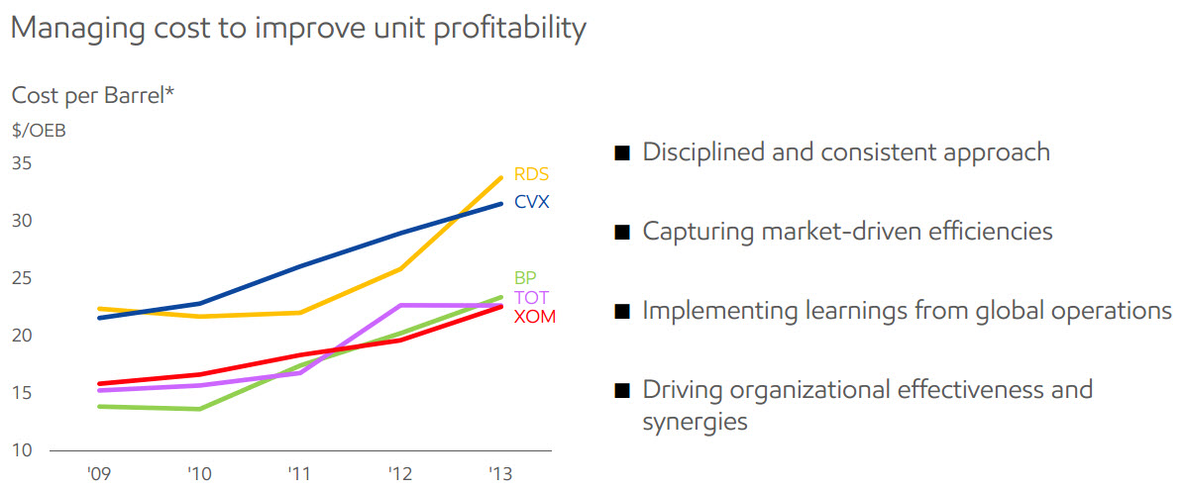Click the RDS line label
pos(531,175)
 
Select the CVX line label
pos(531,202)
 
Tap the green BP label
pos(525,278)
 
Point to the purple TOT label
pos(531,298)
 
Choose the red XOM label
pos(534,317)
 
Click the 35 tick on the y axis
pos(22,163)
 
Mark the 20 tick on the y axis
pos(22,337)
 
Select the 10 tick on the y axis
pos(22,451)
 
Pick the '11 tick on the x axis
pos(298,473)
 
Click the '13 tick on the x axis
pos(500,473)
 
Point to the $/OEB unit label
pos(39,130)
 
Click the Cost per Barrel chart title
pos(93,96)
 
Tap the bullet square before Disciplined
pos(622,153)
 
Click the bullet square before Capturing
pos(622,233)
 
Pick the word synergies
pos(695,422)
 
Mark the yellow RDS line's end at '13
pos(501,178)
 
